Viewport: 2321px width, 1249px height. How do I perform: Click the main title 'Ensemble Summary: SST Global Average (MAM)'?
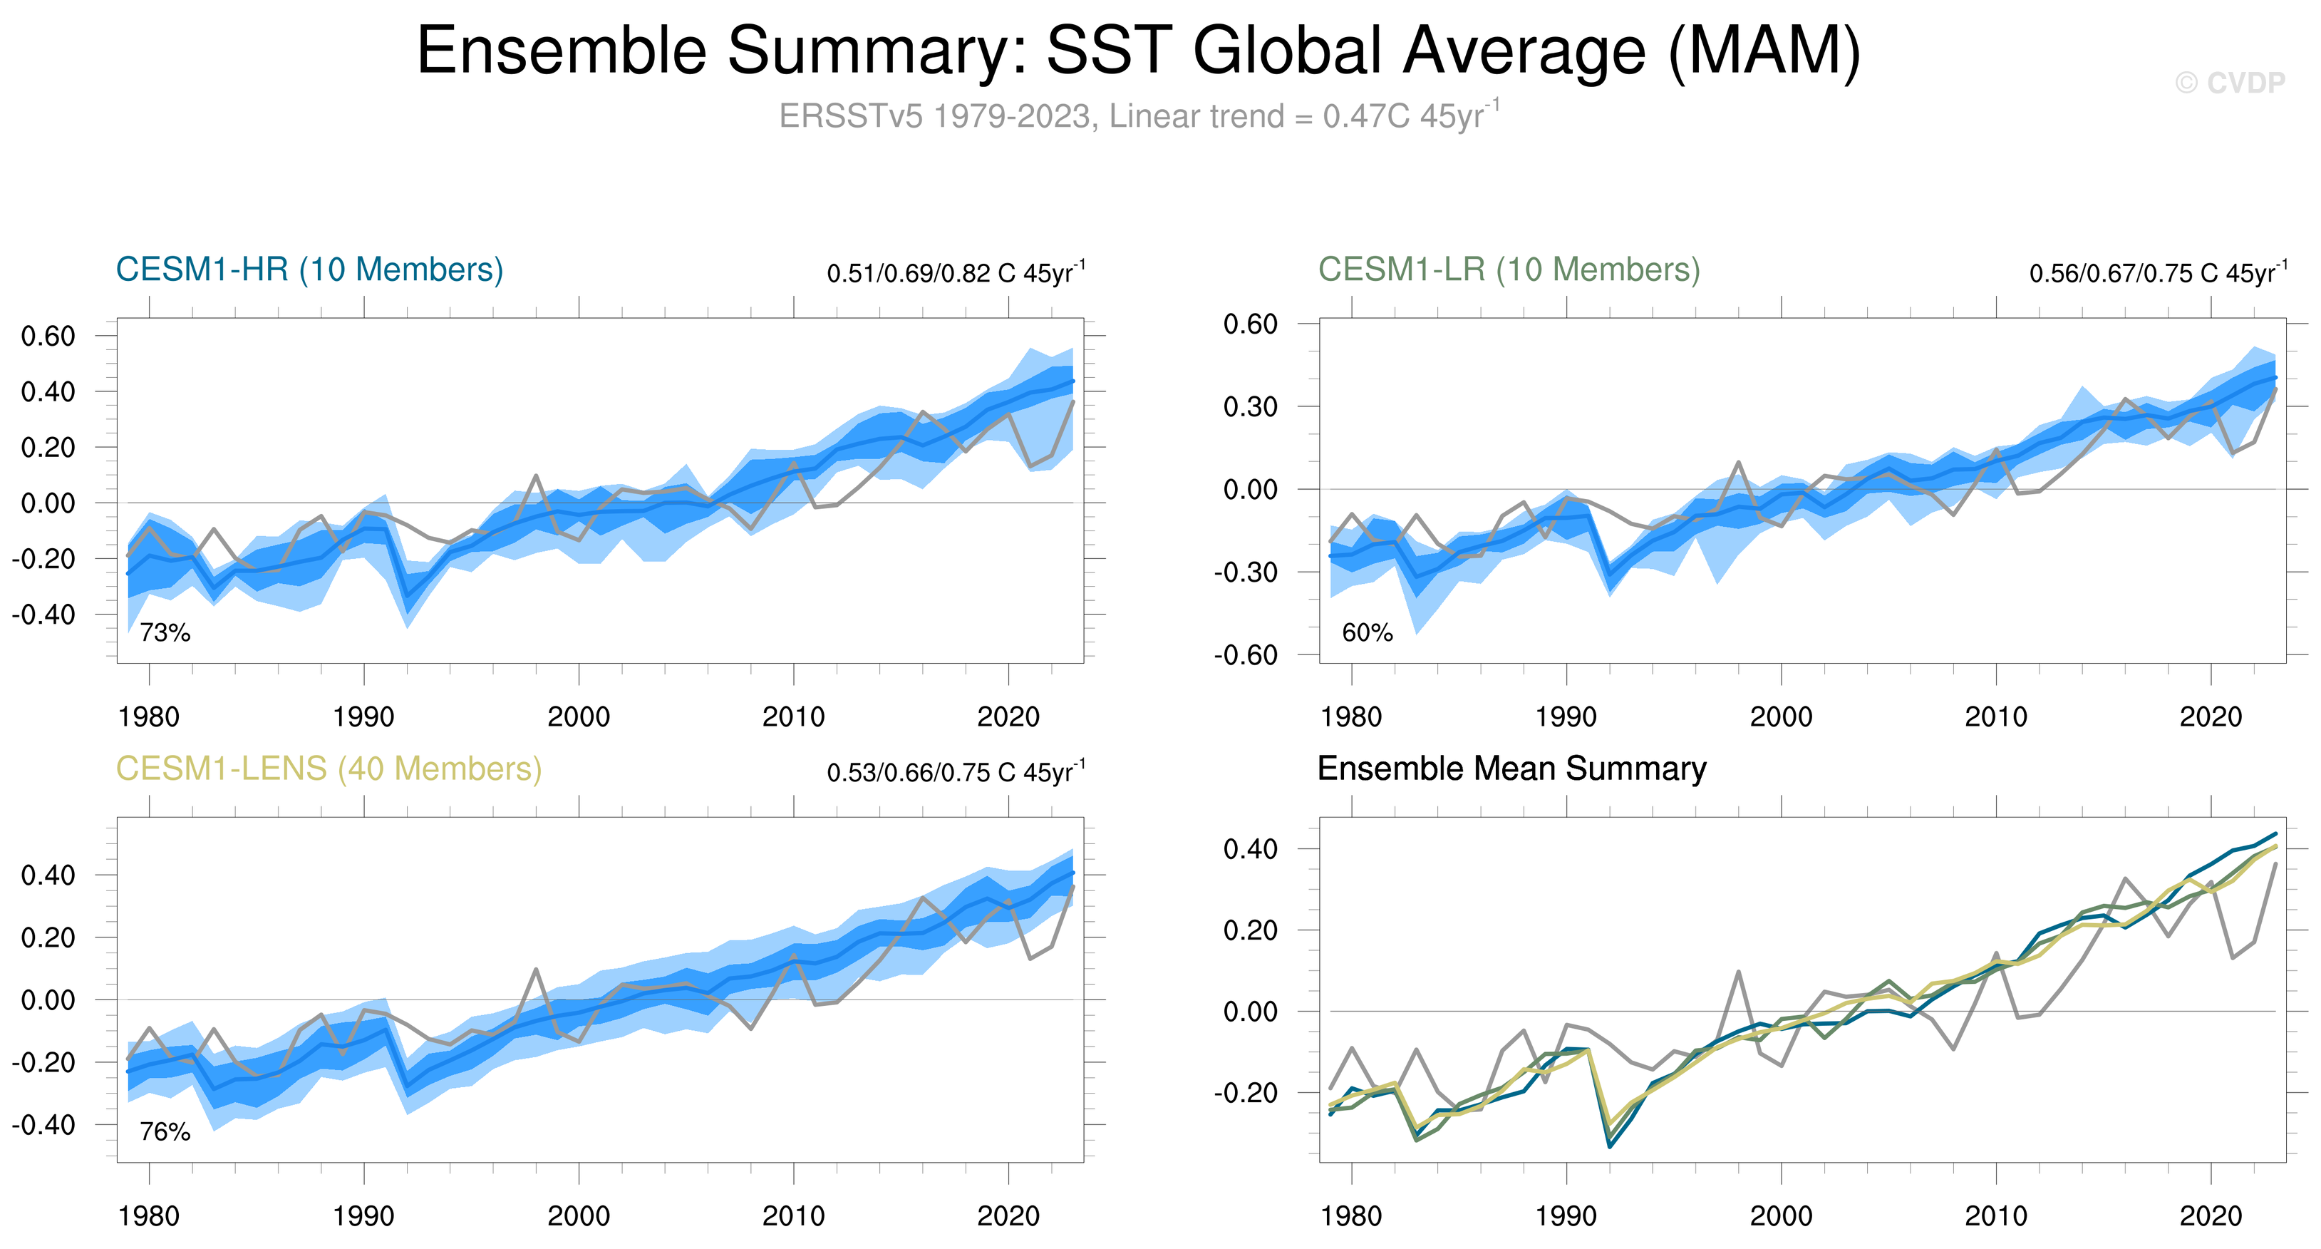tap(1138, 51)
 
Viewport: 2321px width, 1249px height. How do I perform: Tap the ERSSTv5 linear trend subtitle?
tap(1138, 116)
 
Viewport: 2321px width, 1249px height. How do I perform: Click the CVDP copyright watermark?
tap(2229, 83)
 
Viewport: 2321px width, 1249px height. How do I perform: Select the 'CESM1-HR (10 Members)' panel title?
tap(309, 269)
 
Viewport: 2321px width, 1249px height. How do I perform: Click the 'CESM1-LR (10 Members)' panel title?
tap(1509, 269)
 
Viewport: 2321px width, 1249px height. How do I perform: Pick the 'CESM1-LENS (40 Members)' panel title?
tap(329, 769)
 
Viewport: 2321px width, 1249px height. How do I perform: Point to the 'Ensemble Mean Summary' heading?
tap(1511, 769)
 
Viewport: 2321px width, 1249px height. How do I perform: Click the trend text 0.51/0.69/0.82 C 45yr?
tap(955, 272)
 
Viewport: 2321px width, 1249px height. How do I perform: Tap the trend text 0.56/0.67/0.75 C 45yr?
tap(2157, 272)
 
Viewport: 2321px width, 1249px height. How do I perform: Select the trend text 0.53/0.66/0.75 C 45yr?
tap(955, 771)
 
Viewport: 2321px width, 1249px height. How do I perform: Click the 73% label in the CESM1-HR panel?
tap(165, 632)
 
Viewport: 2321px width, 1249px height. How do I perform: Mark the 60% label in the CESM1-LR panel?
tap(1367, 632)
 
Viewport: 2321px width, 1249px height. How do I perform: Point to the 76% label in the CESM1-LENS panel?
tap(165, 1132)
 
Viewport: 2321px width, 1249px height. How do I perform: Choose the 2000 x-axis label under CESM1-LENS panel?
tap(579, 1216)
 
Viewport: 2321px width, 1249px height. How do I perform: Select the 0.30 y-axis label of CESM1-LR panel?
tap(1250, 406)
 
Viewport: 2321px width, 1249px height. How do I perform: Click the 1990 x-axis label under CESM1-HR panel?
tap(363, 717)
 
